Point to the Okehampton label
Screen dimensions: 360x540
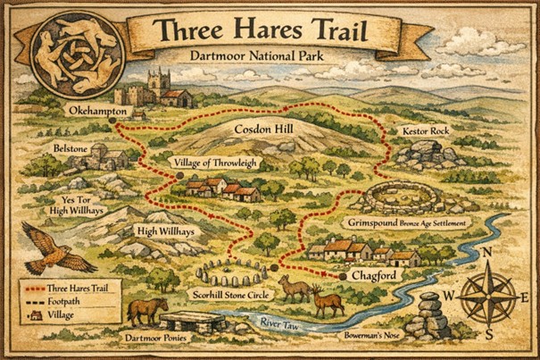(100, 112)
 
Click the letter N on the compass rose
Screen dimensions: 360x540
(486, 253)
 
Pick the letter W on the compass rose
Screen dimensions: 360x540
(453, 297)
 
